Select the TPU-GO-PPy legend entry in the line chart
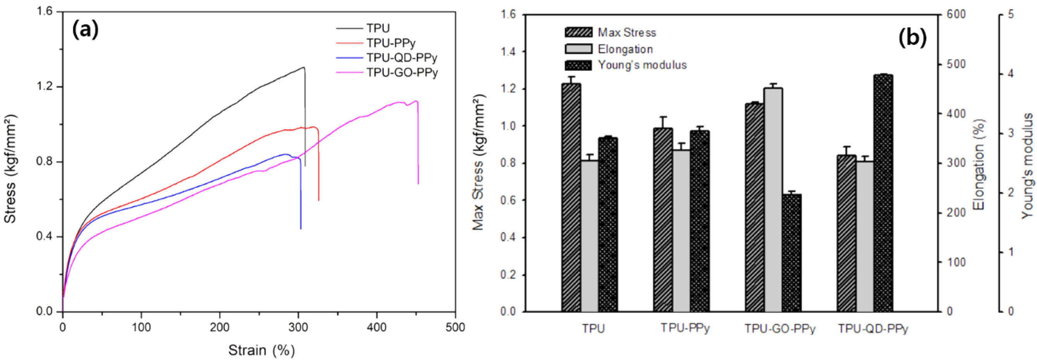click(x=402, y=72)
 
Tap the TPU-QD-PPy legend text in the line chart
click(x=401, y=58)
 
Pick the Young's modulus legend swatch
click(x=578, y=65)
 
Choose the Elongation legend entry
click(x=625, y=49)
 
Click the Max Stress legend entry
click(x=626, y=33)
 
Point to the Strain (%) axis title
click(x=261, y=350)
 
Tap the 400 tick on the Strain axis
click(x=377, y=327)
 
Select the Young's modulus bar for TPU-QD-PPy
click(x=883, y=193)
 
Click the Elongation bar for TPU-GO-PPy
click(x=773, y=200)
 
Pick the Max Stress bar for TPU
click(x=571, y=197)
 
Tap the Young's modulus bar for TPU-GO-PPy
click(x=791, y=253)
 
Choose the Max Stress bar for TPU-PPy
click(x=663, y=220)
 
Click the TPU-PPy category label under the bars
click(x=685, y=329)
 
